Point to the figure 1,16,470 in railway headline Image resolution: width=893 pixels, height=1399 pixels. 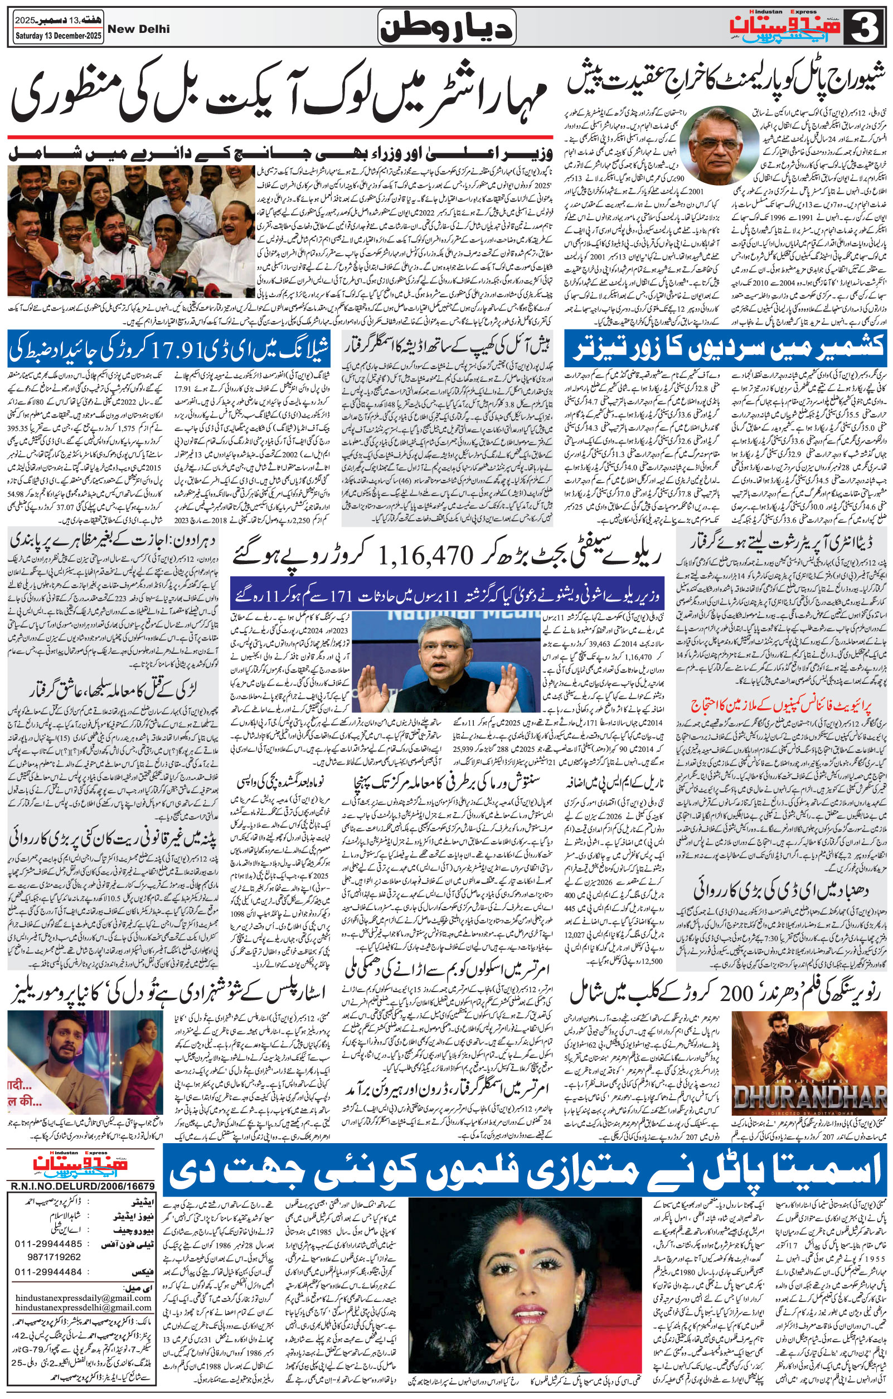coord(422,557)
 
